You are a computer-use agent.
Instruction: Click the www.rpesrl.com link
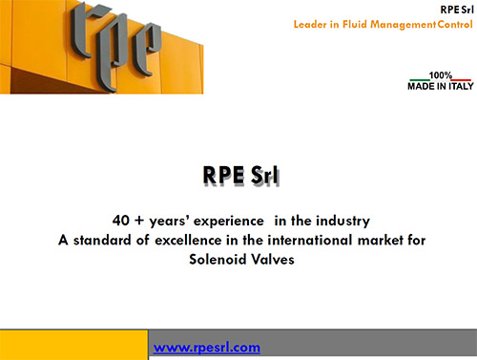(207, 348)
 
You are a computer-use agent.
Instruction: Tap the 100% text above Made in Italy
(441, 75)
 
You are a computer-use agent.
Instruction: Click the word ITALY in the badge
(461, 86)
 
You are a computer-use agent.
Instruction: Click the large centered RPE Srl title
(240, 175)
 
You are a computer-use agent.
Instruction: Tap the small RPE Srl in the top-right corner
(457, 10)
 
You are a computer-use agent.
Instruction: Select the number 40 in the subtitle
(121, 221)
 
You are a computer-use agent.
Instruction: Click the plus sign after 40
(139, 221)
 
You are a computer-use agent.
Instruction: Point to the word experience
(229, 222)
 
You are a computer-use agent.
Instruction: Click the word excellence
(188, 240)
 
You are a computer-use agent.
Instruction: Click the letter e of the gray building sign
(147, 50)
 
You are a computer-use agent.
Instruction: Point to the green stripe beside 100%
(419, 79)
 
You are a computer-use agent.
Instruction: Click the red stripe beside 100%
(462, 79)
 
